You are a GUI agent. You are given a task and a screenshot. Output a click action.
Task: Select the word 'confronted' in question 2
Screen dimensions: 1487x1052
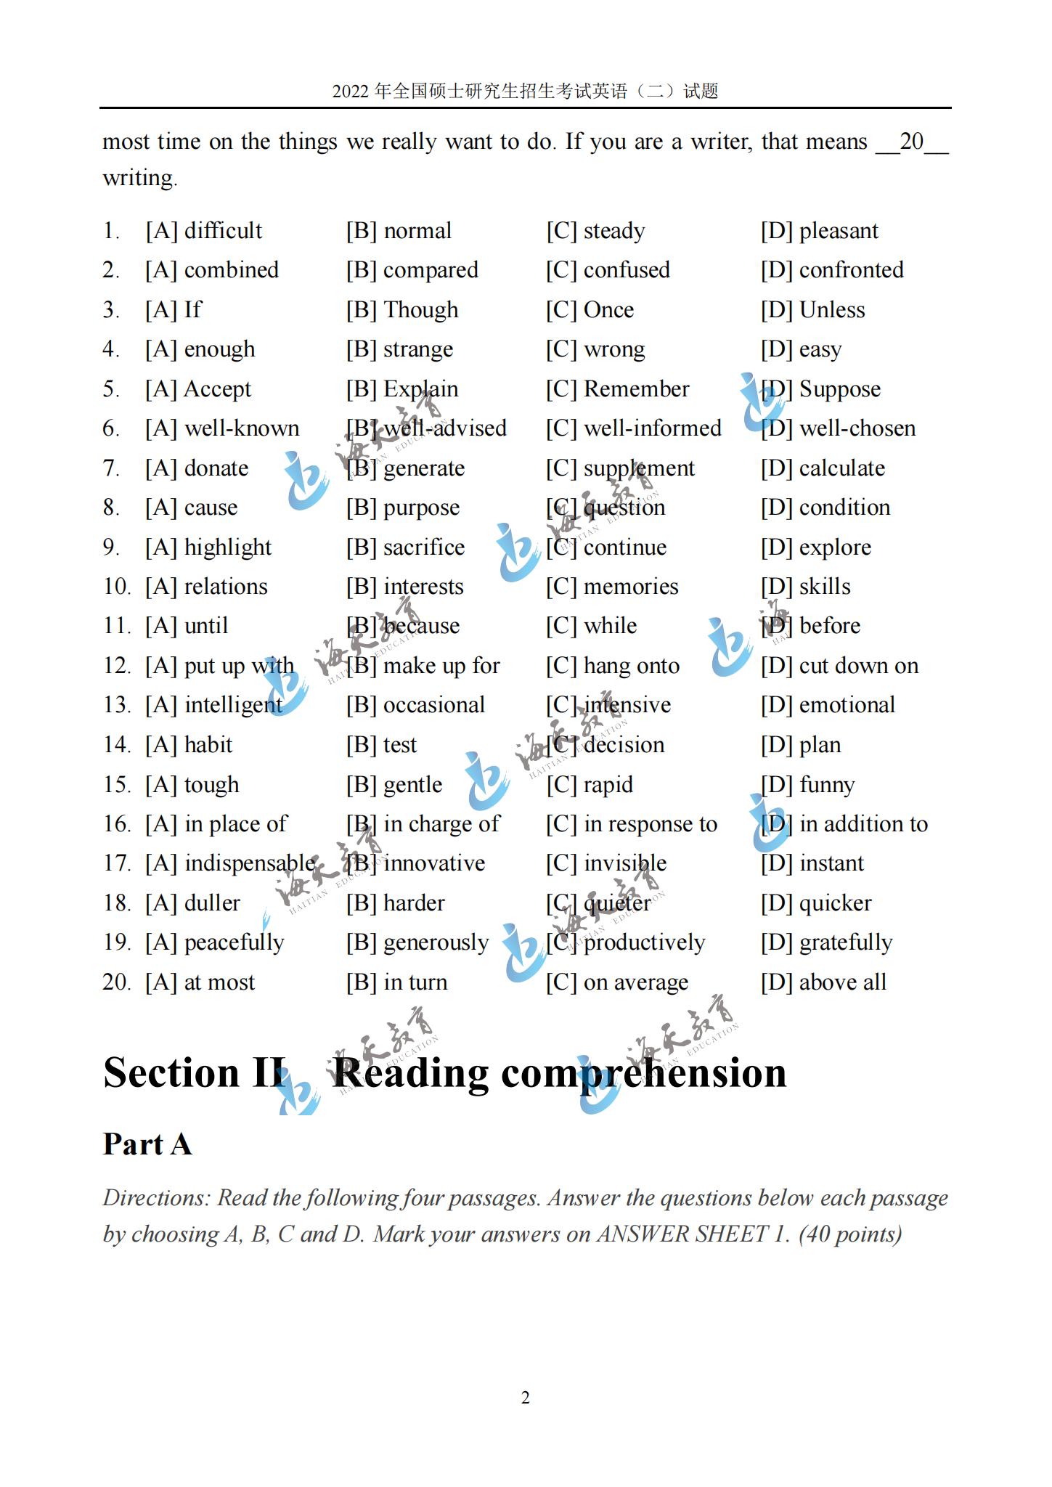pos(851,270)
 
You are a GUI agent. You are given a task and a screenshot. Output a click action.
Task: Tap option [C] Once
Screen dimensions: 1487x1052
pos(590,310)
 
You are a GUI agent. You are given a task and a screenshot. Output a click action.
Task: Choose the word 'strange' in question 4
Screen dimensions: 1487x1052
pos(417,350)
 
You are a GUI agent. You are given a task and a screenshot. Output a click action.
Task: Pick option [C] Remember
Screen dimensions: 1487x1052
pos(617,389)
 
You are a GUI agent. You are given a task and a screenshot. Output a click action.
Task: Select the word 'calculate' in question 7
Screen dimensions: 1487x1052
pos(841,468)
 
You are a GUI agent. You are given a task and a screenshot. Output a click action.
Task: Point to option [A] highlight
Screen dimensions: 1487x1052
pos(208,547)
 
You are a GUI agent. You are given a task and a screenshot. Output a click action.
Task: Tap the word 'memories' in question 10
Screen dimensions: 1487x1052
pos(630,587)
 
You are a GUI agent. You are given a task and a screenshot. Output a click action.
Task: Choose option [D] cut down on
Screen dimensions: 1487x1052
pos(839,666)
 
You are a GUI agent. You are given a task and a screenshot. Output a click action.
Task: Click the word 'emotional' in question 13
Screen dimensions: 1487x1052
pos(847,705)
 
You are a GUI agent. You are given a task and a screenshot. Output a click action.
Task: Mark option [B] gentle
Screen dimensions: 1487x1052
pos(394,785)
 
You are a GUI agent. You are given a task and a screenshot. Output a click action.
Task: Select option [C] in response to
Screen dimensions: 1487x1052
pos(632,824)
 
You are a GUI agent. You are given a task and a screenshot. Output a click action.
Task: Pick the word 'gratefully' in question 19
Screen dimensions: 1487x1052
pos(845,942)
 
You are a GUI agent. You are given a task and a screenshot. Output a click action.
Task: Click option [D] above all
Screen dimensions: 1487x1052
pos(823,982)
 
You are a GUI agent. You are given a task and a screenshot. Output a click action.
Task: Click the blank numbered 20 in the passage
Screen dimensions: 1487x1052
pos(911,142)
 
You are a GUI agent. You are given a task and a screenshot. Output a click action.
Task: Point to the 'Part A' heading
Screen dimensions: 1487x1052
pos(147,1144)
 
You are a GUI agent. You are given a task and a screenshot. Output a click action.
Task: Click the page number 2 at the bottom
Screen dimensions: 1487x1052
pos(526,1398)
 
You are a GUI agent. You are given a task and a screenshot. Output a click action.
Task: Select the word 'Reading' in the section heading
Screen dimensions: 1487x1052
pos(411,1072)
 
